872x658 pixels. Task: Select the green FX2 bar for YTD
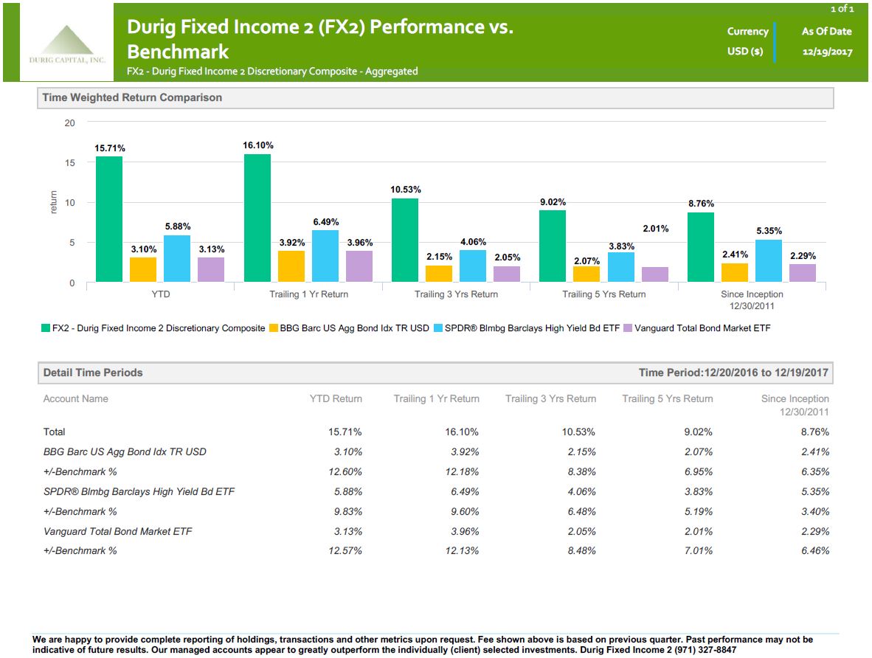click(109, 219)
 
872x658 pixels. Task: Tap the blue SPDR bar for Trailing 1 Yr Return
click(325, 256)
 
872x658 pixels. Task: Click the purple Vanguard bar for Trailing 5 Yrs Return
click(654, 274)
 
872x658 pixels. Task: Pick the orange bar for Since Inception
click(734, 272)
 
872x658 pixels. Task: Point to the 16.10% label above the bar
click(257, 146)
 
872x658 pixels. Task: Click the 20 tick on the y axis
click(70, 123)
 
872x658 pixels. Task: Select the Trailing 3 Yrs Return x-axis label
click(456, 294)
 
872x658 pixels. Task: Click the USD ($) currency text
click(744, 52)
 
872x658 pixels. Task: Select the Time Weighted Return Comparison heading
click(132, 97)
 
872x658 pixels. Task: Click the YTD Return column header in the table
click(336, 399)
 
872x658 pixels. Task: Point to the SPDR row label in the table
click(139, 492)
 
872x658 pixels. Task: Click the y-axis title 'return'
click(52, 203)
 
